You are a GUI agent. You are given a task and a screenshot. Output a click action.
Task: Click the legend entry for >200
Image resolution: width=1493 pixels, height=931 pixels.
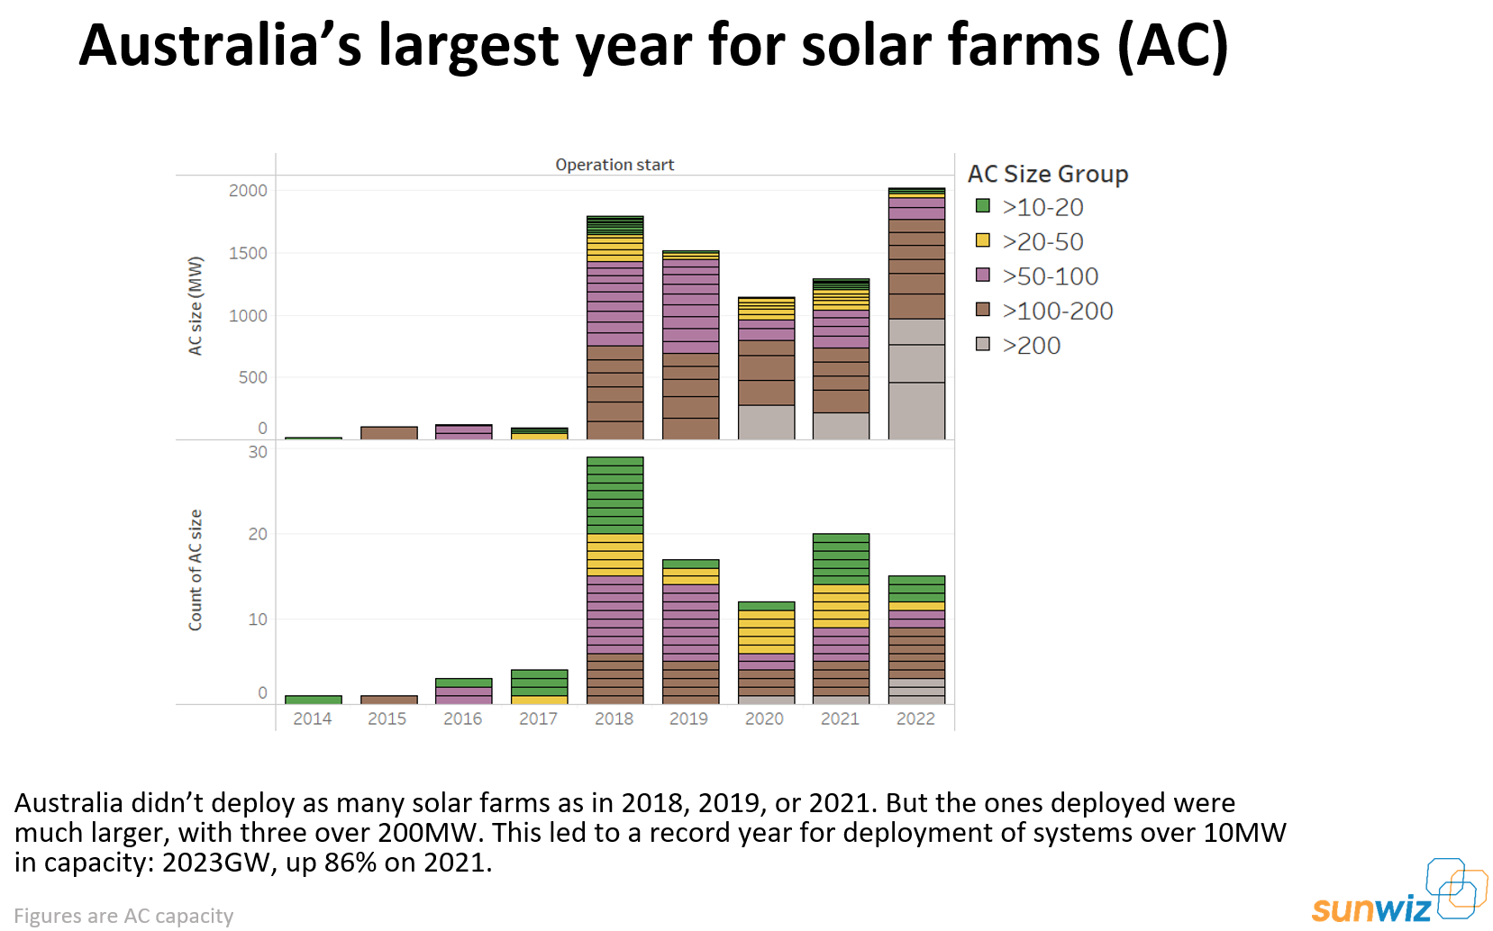1031,346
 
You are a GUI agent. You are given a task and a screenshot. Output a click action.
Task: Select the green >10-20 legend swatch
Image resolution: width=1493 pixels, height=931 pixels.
983,206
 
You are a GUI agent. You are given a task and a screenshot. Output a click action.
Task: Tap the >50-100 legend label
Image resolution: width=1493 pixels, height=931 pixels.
1050,276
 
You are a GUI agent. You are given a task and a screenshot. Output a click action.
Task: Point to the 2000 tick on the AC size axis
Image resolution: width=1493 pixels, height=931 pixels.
248,191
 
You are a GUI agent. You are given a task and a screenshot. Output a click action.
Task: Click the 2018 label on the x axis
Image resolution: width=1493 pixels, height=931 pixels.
614,719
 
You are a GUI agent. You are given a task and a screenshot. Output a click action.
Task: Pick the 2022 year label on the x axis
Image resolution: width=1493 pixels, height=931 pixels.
915,719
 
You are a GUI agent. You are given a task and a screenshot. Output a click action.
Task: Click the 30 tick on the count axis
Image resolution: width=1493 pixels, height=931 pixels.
258,452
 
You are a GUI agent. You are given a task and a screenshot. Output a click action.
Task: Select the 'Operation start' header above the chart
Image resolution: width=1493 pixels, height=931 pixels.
614,165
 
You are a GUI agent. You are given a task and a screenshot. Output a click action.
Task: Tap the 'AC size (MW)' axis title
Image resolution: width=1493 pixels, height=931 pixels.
196,306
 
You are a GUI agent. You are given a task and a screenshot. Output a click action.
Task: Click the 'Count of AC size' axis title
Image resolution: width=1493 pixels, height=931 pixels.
196,570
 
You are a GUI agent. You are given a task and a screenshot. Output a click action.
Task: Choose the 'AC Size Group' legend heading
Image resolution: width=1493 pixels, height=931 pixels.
1048,174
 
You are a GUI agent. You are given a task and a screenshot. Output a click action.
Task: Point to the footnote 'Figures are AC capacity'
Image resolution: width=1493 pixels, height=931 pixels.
123,916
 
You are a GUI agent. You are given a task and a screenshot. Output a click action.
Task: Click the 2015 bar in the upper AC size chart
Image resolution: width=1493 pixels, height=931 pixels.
388,433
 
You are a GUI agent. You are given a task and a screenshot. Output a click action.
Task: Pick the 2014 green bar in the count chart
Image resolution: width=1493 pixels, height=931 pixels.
313,700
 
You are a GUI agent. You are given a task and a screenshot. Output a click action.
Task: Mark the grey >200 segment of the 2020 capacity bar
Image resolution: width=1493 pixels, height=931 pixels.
766,422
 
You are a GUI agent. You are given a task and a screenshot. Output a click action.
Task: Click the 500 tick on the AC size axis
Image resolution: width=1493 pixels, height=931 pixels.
252,378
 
